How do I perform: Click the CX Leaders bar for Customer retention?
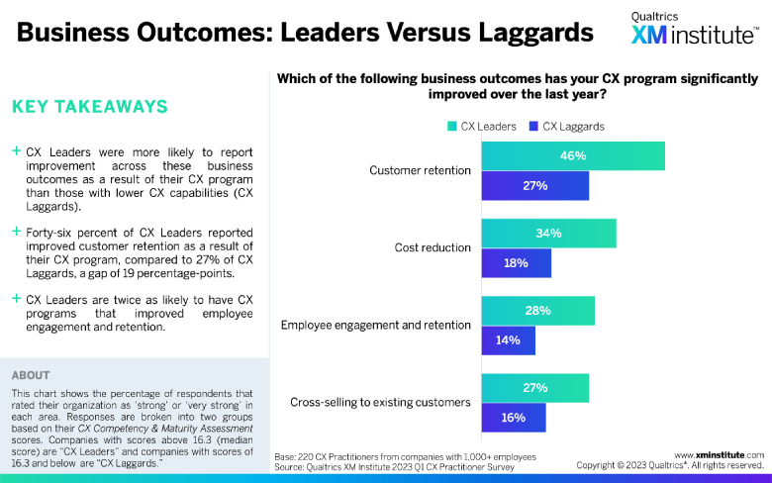tap(572, 155)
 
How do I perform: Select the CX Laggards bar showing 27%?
tap(534, 185)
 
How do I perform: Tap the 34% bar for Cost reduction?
tap(548, 233)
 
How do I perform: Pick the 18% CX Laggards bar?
tap(515, 262)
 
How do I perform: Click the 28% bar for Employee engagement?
tap(537, 310)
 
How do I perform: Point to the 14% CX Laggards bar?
tap(508, 339)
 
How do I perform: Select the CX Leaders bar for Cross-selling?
tap(534, 387)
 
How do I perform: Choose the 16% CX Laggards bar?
tap(512, 417)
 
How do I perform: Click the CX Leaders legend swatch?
tap(451, 126)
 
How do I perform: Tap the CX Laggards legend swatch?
tap(533, 126)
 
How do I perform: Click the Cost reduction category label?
tap(433, 247)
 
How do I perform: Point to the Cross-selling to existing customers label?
tap(380, 402)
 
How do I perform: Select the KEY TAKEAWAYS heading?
tap(89, 107)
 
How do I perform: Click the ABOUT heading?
tap(32, 375)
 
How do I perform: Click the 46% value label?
tap(572, 155)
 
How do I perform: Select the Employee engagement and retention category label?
tap(376, 325)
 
